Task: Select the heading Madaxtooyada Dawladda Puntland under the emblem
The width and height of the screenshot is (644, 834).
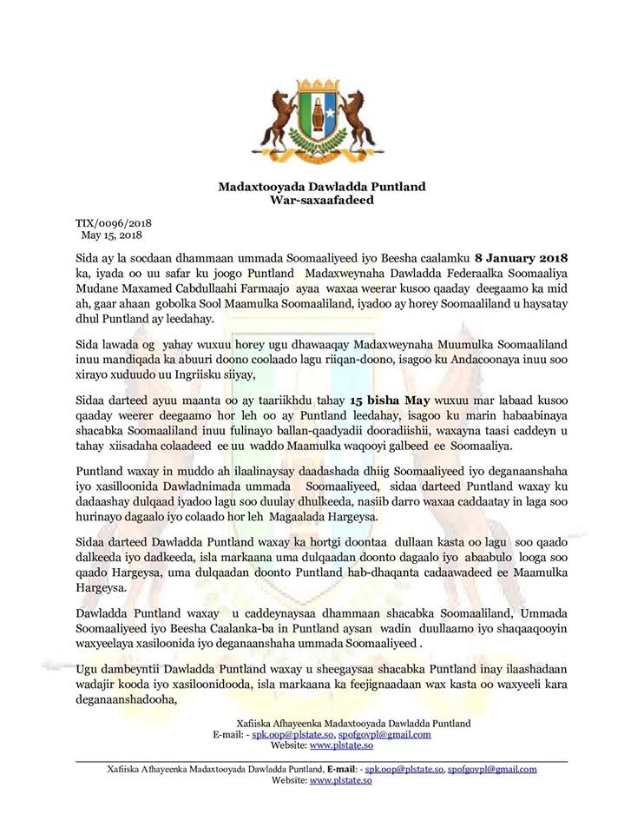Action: [321, 187]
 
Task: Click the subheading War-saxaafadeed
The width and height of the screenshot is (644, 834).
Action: [321, 200]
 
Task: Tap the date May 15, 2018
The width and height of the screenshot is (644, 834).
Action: [111, 235]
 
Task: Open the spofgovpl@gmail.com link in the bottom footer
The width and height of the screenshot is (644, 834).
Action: [492, 770]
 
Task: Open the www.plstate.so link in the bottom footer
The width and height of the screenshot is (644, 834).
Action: [341, 781]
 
